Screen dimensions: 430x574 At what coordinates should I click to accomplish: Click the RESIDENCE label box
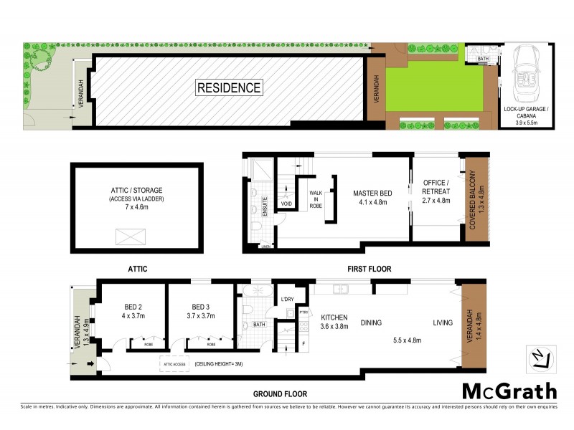pyautogui.click(x=229, y=88)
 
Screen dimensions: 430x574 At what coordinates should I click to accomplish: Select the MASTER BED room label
pyautogui.click(x=370, y=197)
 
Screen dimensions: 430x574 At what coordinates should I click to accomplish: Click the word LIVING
pyautogui.click(x=442, y=323)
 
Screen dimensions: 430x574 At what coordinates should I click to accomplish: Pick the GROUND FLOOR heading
pyautogui.click(x=279, y=394)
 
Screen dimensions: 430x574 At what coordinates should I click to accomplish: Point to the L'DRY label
pyautogui.click(x=287, y=299)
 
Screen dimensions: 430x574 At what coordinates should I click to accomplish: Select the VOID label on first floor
pyautogui.click(x=287, y=204)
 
